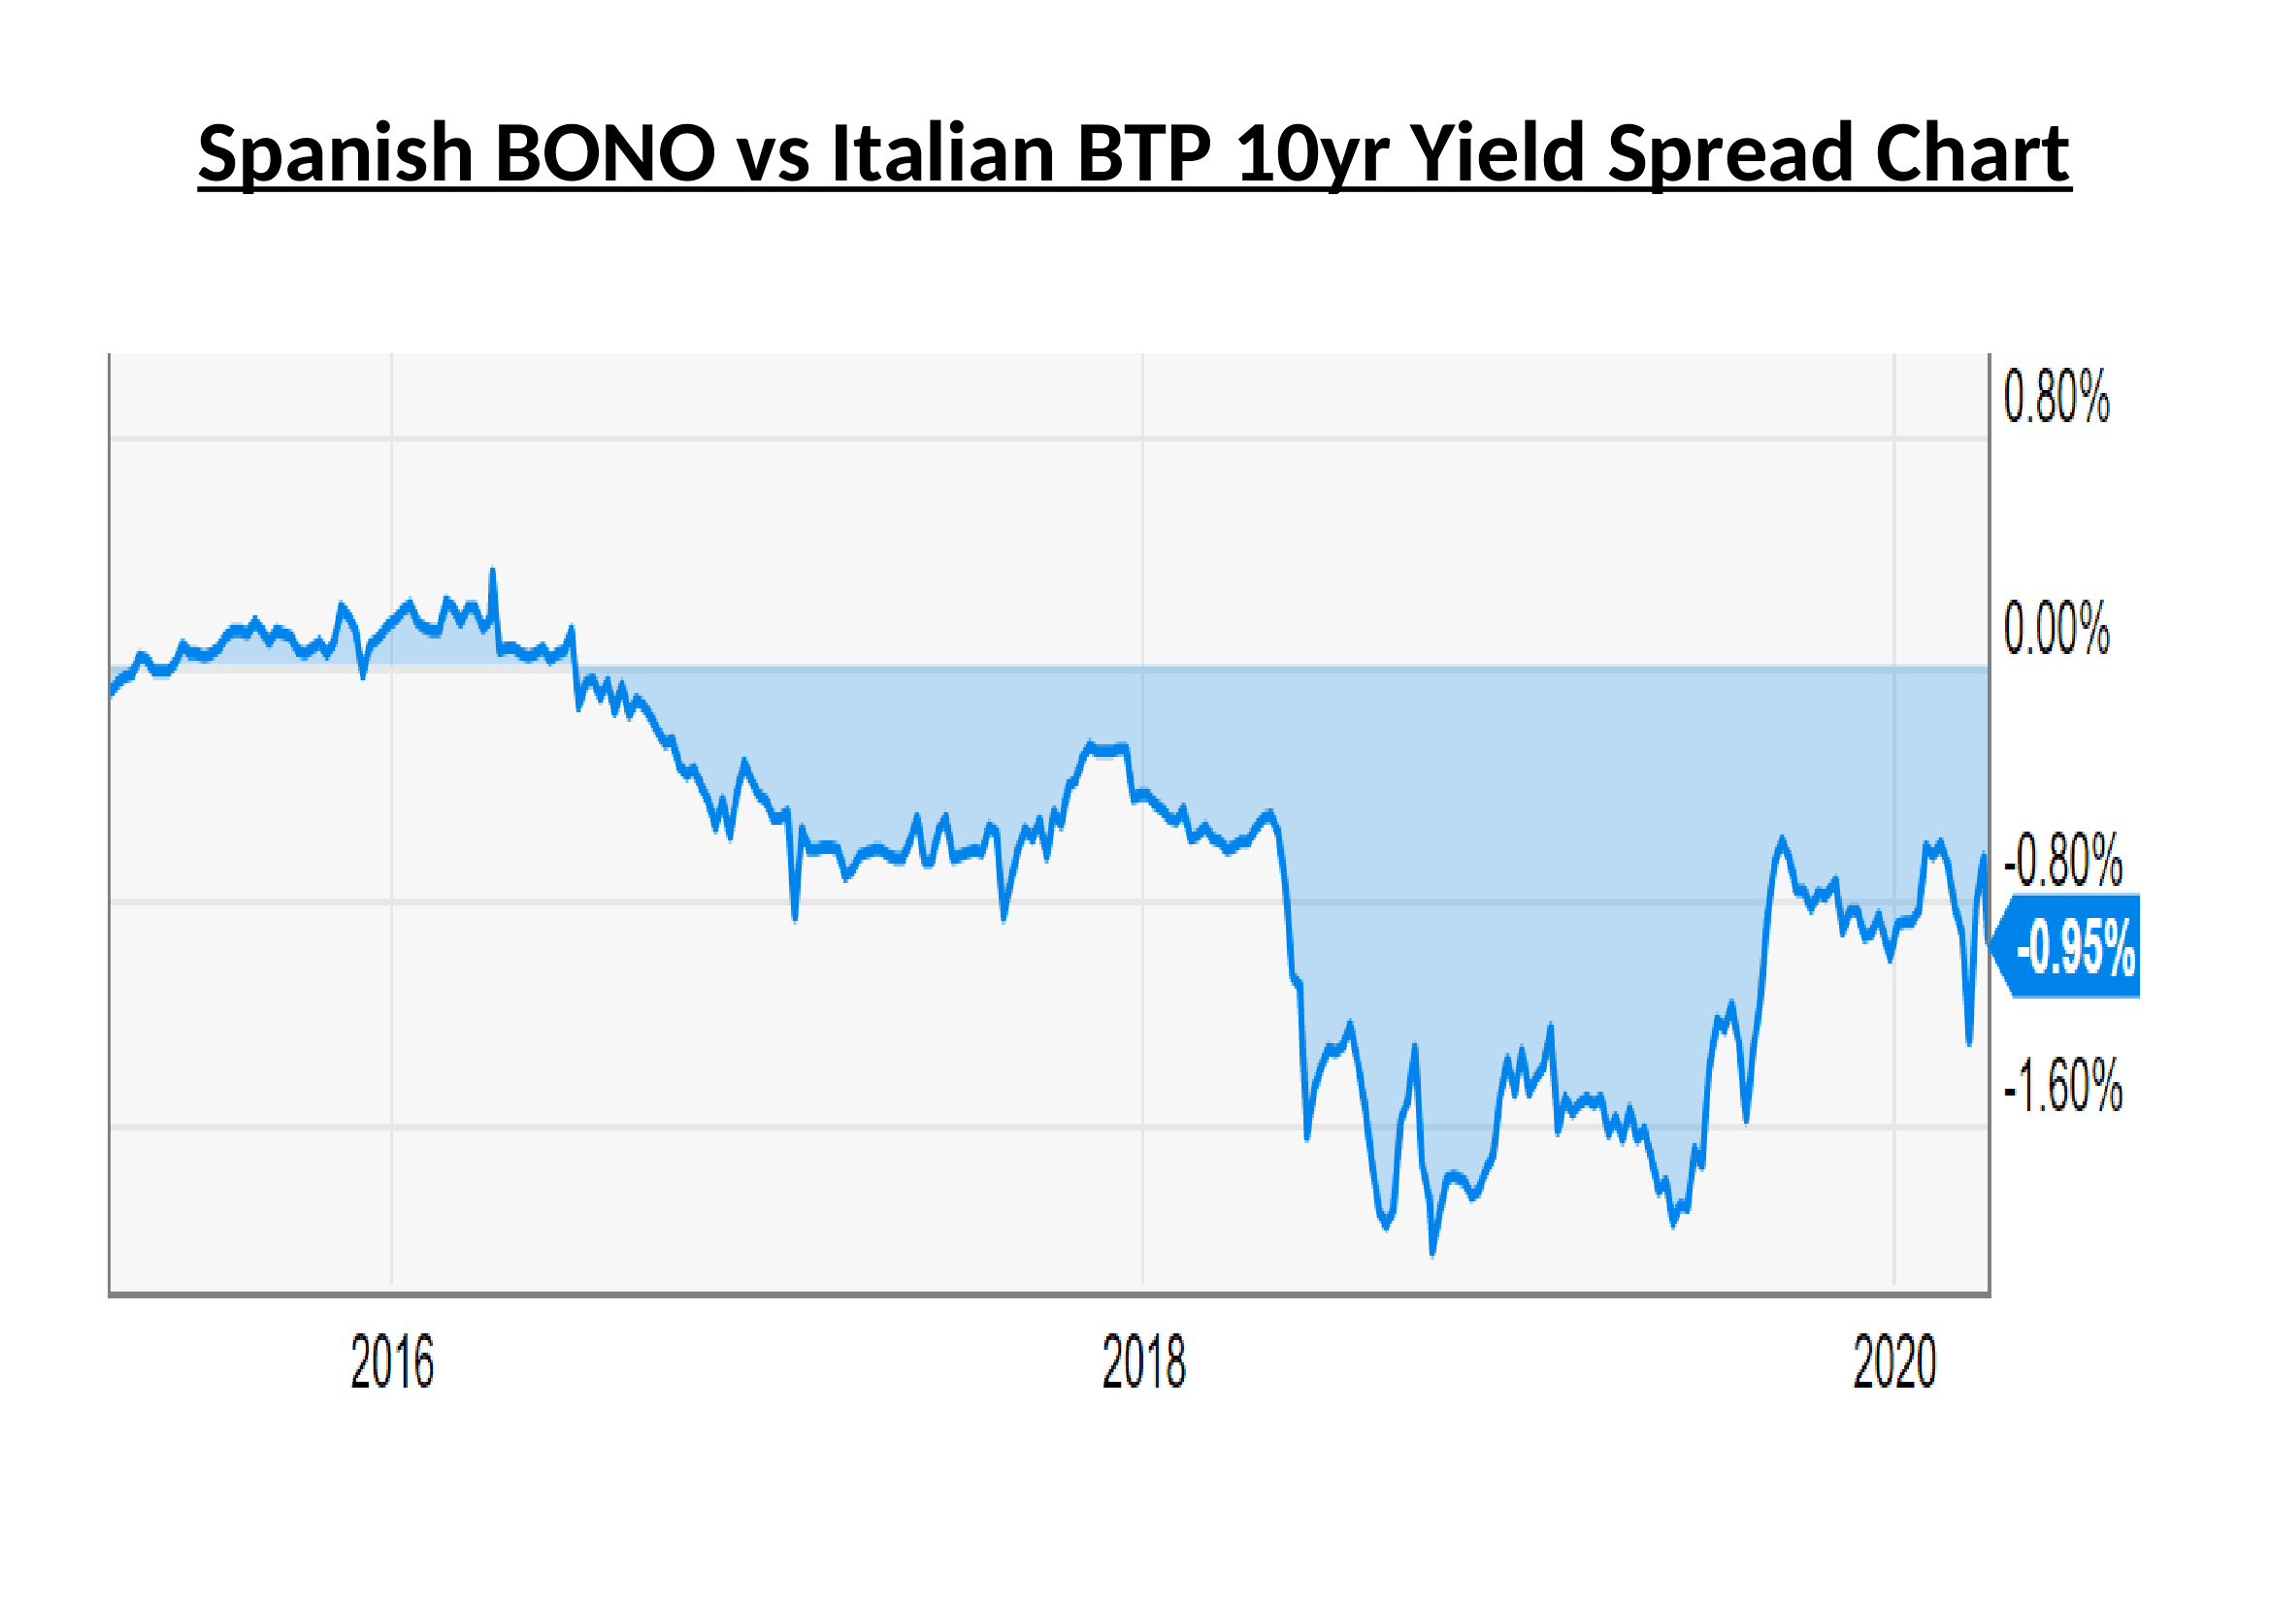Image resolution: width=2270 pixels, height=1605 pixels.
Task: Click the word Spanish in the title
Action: pyautogui.click(x=336, y=155)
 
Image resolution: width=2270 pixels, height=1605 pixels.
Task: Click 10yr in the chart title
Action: pyautogui.click(x=1313, y=155)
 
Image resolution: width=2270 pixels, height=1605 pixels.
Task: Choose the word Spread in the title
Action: pyautogui.click(x=1730, y=155)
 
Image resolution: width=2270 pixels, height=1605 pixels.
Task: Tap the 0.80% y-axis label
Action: pyautogui.click(x=2056, y=397)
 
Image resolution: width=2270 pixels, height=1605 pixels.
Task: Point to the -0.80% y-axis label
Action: pyautogui.click(x=2062, y=860)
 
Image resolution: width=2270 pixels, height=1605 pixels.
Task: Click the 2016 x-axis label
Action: pyautogui.click(x=392, y=1362)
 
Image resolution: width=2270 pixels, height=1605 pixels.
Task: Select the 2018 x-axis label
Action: pyautogui.click(x=1144, y=1362)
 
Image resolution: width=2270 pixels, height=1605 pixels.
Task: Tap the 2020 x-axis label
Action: pyautogui.click(x=1894, y=1362)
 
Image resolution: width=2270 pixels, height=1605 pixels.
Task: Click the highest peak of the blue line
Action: pyautogui.click(x=492, y=572)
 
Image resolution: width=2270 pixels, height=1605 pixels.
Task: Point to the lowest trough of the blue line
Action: pyautogui.click(x=1432, y=1253)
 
